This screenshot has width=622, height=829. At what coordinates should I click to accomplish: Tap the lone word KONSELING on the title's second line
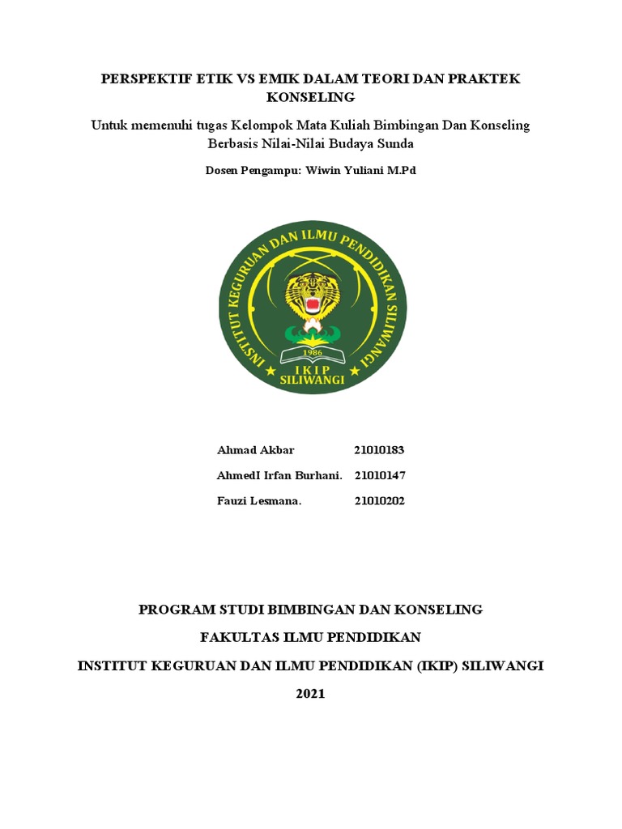point(311,97)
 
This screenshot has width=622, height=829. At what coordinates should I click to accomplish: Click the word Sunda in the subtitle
point(397,144)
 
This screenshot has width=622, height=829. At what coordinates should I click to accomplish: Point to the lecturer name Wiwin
point(324,172)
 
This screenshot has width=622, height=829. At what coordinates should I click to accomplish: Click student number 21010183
point(379,449)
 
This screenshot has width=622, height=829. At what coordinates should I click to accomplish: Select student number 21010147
point(379,475)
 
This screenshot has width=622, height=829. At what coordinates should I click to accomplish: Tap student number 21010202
point(379,501)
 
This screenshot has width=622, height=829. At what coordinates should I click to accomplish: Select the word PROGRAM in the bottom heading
point(173,609)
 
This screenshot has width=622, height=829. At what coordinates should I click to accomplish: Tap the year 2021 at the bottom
point(311,694)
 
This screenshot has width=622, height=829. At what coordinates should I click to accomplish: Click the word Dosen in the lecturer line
point(221,172)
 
